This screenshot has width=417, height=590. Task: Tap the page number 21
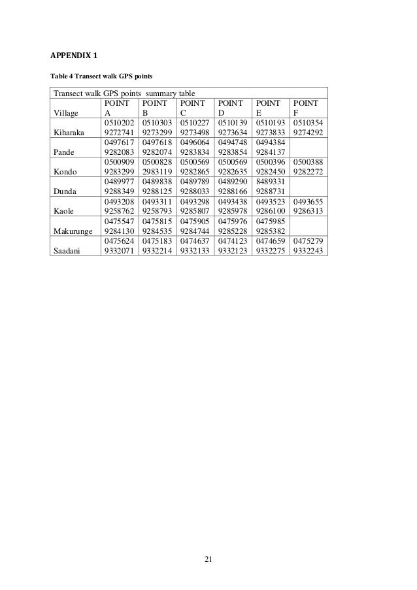pyautogui.click(x=208, y=559)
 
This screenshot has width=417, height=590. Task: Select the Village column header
pyautogui.click(x=66, y=111)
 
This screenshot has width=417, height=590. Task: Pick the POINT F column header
pyautogui.click(x=305, y=107)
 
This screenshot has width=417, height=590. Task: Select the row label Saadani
pyautogui.click(x=70, y=250)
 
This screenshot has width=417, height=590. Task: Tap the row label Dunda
pyautogui.click(x=66, y=190)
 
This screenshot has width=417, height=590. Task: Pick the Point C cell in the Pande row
pyautogui.click(x=194, y=146)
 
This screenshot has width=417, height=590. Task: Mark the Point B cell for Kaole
pyautogui.click(x=157, y=205)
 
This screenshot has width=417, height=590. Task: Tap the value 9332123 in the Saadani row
pyautogui.click(x=232, y=250)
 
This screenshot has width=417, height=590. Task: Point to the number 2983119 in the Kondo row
pyautogui.click(x=157, y=171)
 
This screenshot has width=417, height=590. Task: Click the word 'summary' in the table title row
pyautogui.click(x=160, y=93)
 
